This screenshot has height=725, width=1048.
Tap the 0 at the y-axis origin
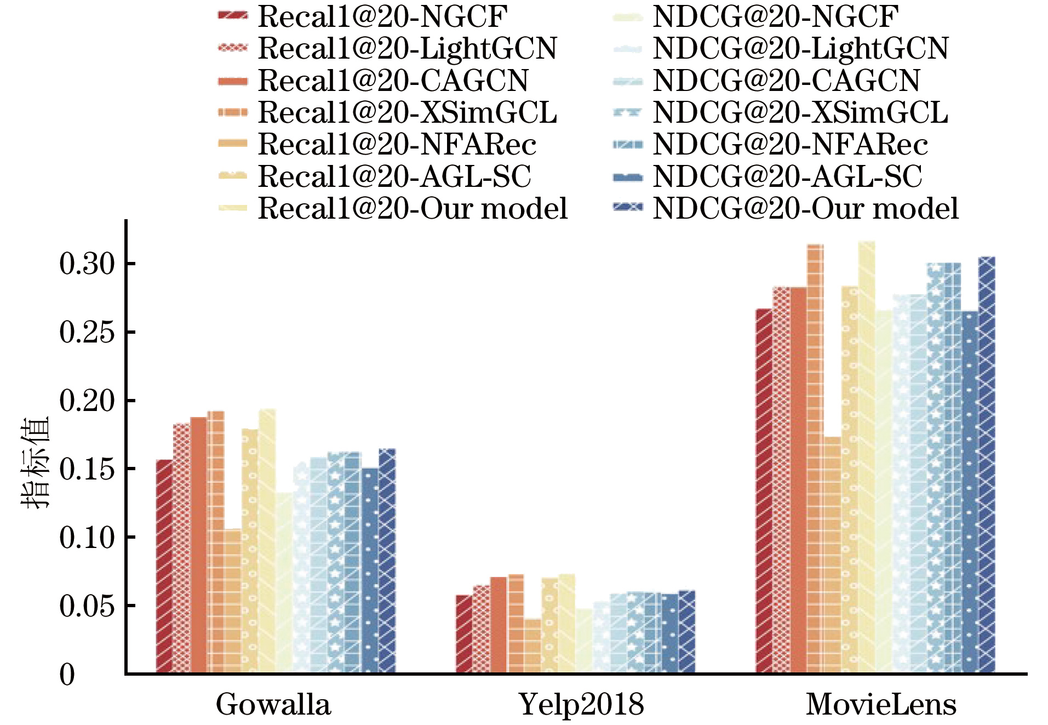(x=67, y=675)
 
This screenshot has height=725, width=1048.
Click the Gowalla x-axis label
(x=273, y=705)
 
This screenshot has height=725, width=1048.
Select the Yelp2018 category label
(x=581, y=705)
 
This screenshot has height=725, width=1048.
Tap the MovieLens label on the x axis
(x=881, y=705)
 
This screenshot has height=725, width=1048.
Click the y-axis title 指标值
(x=35, y=463)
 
